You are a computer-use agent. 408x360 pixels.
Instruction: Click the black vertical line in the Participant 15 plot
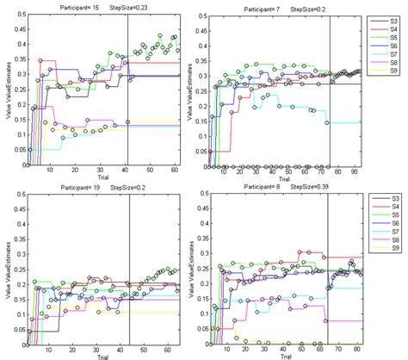coord(127,86)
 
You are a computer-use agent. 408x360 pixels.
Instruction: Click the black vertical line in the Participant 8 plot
coord(327,267)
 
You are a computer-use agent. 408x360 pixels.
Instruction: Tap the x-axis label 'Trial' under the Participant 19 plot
coord(102,356)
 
